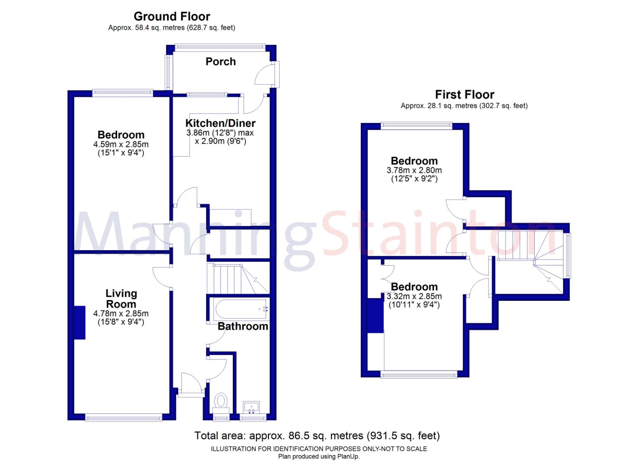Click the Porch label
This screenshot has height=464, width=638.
tap(221, 61)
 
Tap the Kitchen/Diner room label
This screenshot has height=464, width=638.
tap(220, 123)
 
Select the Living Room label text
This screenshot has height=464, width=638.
tap(121, 298)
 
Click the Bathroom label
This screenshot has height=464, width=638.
tap(242, 326)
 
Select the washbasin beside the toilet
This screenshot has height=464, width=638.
tap(251, 407)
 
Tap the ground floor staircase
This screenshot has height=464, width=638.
tap(237, 279)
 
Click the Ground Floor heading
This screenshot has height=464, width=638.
tap(172, 16)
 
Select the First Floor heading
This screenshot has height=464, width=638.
tap(465, 95)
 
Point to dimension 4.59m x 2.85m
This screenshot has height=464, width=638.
tap(121, 144)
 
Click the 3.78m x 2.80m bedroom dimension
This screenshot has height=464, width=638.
tap(414, 170)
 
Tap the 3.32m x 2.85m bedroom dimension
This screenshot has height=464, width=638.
tap(414, 296)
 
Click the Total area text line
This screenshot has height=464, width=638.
tap(317, 436)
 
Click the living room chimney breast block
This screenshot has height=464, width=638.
tap(80, 322)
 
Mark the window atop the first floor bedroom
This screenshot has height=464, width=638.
tap(416, 125)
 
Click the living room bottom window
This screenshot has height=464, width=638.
tap(124, 418)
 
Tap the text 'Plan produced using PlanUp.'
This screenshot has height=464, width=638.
tap(319, 456)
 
